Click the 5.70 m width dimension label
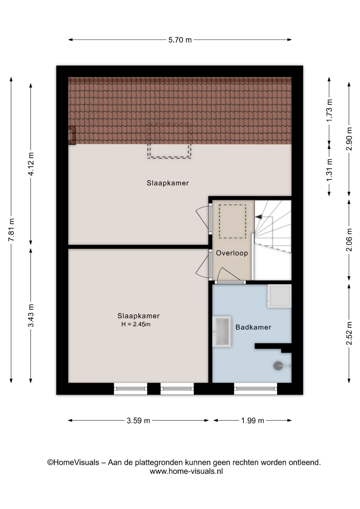tap(180, 40)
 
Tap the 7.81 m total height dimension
tap(11, 230)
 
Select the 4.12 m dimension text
tap(31, 164)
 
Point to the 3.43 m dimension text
tap(31, 315)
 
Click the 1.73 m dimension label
tap(329, 110)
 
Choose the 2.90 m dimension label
tap(349, 139)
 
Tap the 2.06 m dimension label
tap(349, 240)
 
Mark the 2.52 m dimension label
tap(349, 333)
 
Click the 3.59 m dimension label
tap(138, 420)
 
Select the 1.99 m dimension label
tap(253, 420)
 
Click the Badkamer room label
tap(253, 327)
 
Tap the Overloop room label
tap(232, 253)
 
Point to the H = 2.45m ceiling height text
tap(136, 324)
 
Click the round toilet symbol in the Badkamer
tap(278, 366)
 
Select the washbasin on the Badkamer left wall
tap(222, 331)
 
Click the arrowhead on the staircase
tap(258, 217)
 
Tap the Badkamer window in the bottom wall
tap(256, 389)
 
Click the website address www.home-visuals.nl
tap(186, 471)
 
